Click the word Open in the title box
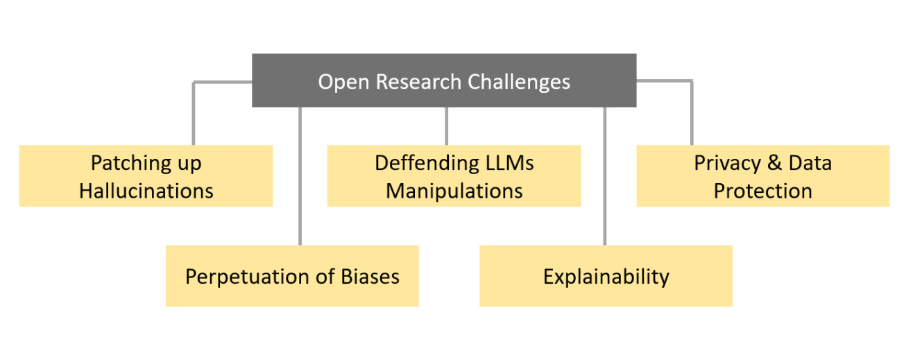[x=343, y=83]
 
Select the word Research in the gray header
[x=418, y=81]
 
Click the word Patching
[x=131, y=164]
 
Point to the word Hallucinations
[x=146, y=191]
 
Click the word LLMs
[x=510, y=163]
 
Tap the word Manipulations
[x=454, y=191]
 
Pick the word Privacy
[x=727, y=164]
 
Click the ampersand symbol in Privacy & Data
[x=774, y=163]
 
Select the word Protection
[x=762, y=191]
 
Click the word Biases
[x=370, y=277]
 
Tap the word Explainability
[x=606, y=277]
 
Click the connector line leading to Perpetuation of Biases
[x=300, y=176]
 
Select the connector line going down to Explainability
[x=605, y=176]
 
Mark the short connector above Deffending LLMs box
[x=446, y=126]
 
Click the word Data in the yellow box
[x=810, y=163]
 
